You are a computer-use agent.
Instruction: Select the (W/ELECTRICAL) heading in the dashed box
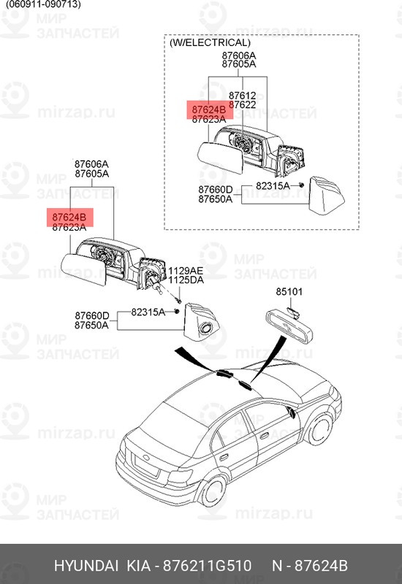[209, 43]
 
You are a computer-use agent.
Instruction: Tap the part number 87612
[242, 96]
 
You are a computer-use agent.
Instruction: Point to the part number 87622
[242, 105]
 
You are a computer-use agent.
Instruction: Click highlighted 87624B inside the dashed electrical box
[208, 109]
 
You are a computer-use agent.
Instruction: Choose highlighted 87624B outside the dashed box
[69, 217]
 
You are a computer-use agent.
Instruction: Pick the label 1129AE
[186, 269]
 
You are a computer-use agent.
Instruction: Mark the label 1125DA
[186, 280]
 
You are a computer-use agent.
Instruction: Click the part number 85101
[289, 292]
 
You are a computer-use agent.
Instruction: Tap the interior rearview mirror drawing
[289, 322]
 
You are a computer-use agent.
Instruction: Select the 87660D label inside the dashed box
[215, 189]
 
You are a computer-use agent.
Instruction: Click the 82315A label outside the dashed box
[148, 312]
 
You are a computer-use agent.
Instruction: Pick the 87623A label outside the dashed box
[69, 227]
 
